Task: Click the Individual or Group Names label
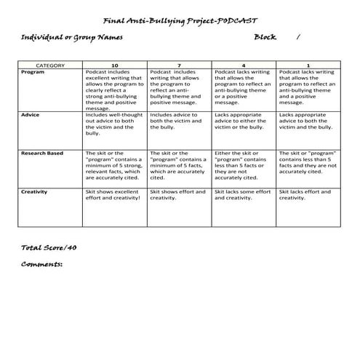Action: click(x=71, y=36)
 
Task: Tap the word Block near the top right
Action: click(x=265, y=36)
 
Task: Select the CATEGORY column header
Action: click(x=51, y=65)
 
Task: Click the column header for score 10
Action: click(x=115, y=65)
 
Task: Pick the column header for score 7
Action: click(x=180, y=65)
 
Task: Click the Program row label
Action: click(x=33, y=72)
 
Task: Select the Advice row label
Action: click(x=31, y=114)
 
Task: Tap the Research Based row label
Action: click(x=42, y=153)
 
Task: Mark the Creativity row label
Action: click(x=35, y=191)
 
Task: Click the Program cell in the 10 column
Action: click(x=115, y=87)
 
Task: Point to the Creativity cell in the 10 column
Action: click(x=114, y=195)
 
